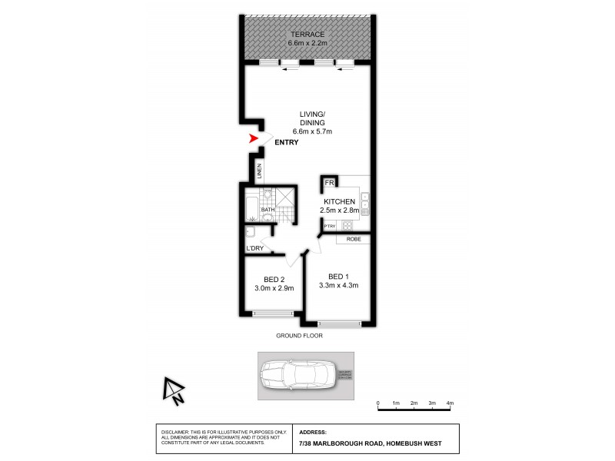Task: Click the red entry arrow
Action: click(254, 139)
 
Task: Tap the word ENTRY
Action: click(286, 142)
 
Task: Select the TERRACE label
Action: click(307, 35)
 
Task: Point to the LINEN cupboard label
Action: click(260, 171)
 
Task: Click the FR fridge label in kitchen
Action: click(329, 183)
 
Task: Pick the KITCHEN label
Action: click(339, 201)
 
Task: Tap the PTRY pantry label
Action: click(329, 226)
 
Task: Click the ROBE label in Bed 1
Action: click(354, 239)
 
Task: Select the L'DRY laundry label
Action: click(255, 249)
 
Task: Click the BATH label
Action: click(268, 210)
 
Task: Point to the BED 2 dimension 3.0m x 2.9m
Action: click(274, 288)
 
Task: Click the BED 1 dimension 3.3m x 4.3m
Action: click(339, 286)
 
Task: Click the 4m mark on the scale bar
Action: click(450, 403)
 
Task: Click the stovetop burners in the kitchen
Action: click(347, 226)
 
